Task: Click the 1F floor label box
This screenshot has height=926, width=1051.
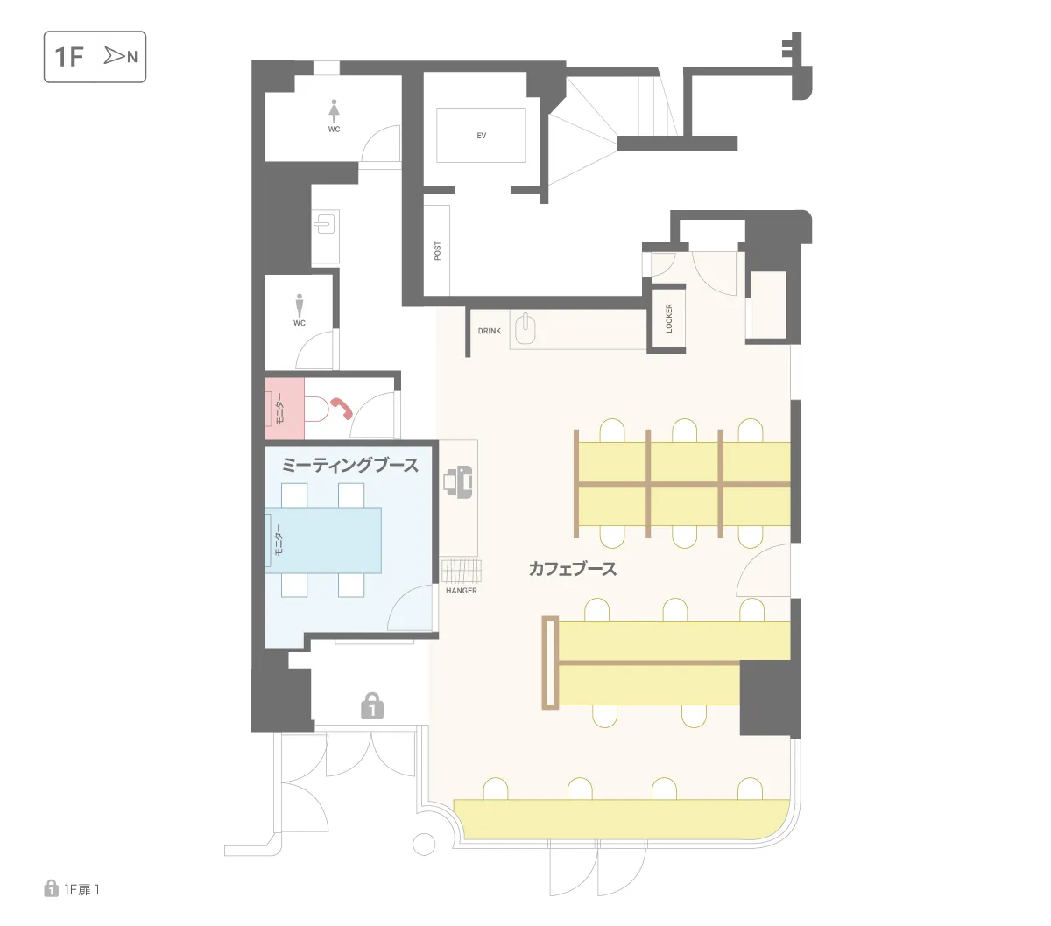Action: click(x=95, y=57)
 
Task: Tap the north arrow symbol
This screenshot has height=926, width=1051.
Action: click(x=114, y=55)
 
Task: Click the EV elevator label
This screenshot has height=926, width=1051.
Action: click(x=481, y=136)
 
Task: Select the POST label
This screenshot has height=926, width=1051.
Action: click(x=437, y=250)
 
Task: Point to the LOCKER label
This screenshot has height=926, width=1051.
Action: click(x=668, y=319)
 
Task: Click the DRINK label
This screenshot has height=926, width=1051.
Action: click(x=489, y=331)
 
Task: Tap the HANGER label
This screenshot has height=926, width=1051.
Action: click(x=461, y=591)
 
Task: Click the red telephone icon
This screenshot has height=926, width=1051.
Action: click(x=342, y=408)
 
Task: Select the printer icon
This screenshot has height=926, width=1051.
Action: click(x=457, y=482)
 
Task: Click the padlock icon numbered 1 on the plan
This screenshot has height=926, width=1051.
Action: click(x=371, y=705)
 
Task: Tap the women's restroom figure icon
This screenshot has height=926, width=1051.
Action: click(x=334, y=111)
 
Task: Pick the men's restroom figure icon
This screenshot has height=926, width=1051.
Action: click(x=299, y=306)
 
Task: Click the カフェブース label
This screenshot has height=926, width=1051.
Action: click(x=572, y=569)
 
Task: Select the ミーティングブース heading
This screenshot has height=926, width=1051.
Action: click(x=349, y=465)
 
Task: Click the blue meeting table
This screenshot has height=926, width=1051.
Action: click(x=323, y=540)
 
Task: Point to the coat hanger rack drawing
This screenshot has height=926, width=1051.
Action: click(x=461, y=572)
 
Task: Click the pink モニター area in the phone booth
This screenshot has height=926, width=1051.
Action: click(x=284, y=409)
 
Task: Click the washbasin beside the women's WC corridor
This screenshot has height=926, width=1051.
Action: click(x=325, y=225)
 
